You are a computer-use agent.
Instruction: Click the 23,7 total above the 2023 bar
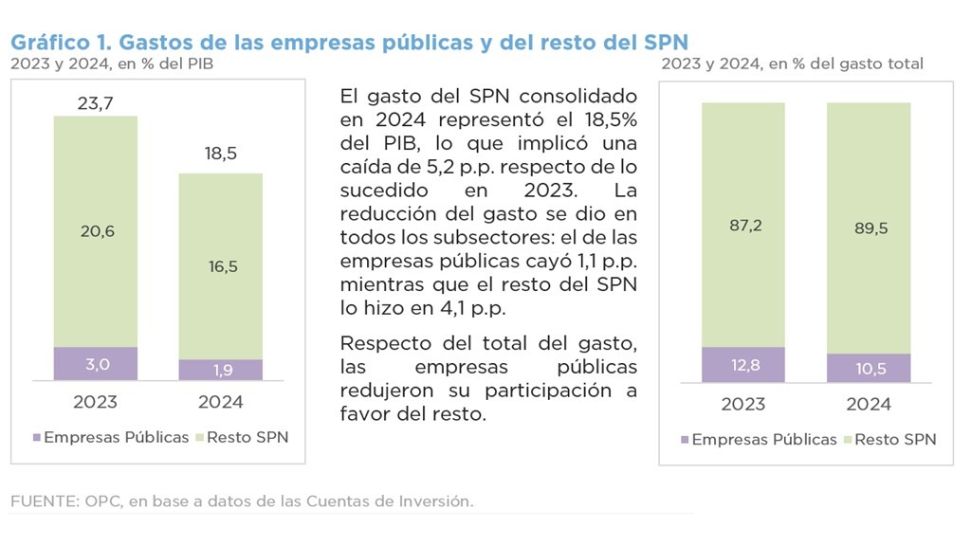[x=95, y=102]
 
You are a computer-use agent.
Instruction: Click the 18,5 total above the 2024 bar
[x=220, y=154]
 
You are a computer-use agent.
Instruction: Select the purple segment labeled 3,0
[x=95, y=364]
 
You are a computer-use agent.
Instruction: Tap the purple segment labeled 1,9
[x=220, y=370]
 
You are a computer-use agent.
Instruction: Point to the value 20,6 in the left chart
[x=95, y=231]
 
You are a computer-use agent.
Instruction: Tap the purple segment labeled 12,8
[x=743, y=365]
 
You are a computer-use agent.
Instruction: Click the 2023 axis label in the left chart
[x=95, y=402]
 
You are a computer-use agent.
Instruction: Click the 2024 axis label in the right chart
[x=869, y=405]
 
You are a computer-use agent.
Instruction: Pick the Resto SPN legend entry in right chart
[x=895, y=440]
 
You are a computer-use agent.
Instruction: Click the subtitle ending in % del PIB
[x=112, y=64]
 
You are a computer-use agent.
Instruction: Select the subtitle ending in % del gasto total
[x=792, y=64]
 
